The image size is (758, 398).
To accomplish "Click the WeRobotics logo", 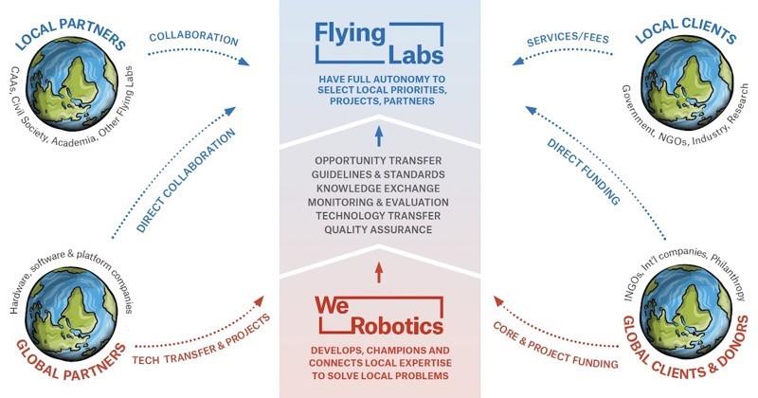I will tap(379, 316).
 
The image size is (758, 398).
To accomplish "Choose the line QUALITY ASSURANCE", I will tap(379, 229).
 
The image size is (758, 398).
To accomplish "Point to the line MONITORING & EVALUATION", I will tap(379, 203).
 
